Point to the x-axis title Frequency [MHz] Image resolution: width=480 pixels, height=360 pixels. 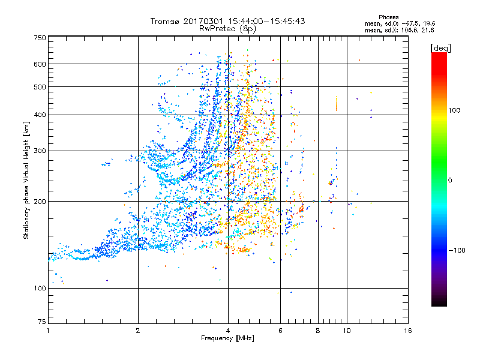[227, 338]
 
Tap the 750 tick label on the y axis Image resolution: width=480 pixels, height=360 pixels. [39, 38]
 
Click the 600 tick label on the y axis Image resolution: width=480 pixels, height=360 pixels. [39, 64]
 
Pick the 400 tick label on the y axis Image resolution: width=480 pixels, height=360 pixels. [39, 115]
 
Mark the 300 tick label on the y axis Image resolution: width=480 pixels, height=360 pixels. [39, 151]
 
